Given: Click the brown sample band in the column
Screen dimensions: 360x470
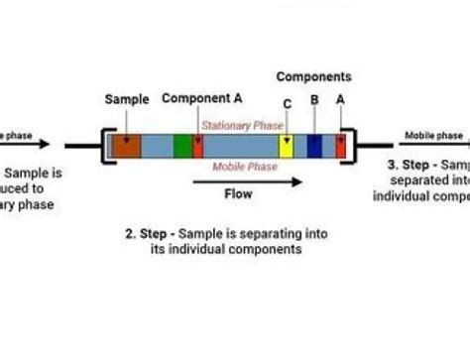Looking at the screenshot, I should pyautogui.click(x=126, y=145).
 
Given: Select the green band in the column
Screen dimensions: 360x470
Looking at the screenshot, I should pyautogui.click(x=182, y=145).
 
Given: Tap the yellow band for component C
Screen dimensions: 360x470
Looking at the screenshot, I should pyautogui.click(x=286, y=145).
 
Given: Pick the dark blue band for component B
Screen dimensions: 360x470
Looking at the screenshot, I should pyautogui.click(x=314, y=145).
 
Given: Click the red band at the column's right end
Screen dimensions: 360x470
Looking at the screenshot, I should pyautogui.click(x=340, y=145).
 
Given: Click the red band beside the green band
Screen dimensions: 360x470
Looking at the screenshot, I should pyautogui.click(x=198, y=145).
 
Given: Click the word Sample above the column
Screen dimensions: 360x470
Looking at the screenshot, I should pyautogui.click(x=126, y=99).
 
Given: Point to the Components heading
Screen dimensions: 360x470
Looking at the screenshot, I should pyautogui.click(x=313, y=76).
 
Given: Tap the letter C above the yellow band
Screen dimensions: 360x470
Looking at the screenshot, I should pyautogui.click(x=288, y=103).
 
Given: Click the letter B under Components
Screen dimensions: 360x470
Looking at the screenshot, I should pyautogui.click(x=314, y=99).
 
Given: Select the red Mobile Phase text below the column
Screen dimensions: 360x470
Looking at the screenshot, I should pyautogui.click(x=243, y=167).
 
